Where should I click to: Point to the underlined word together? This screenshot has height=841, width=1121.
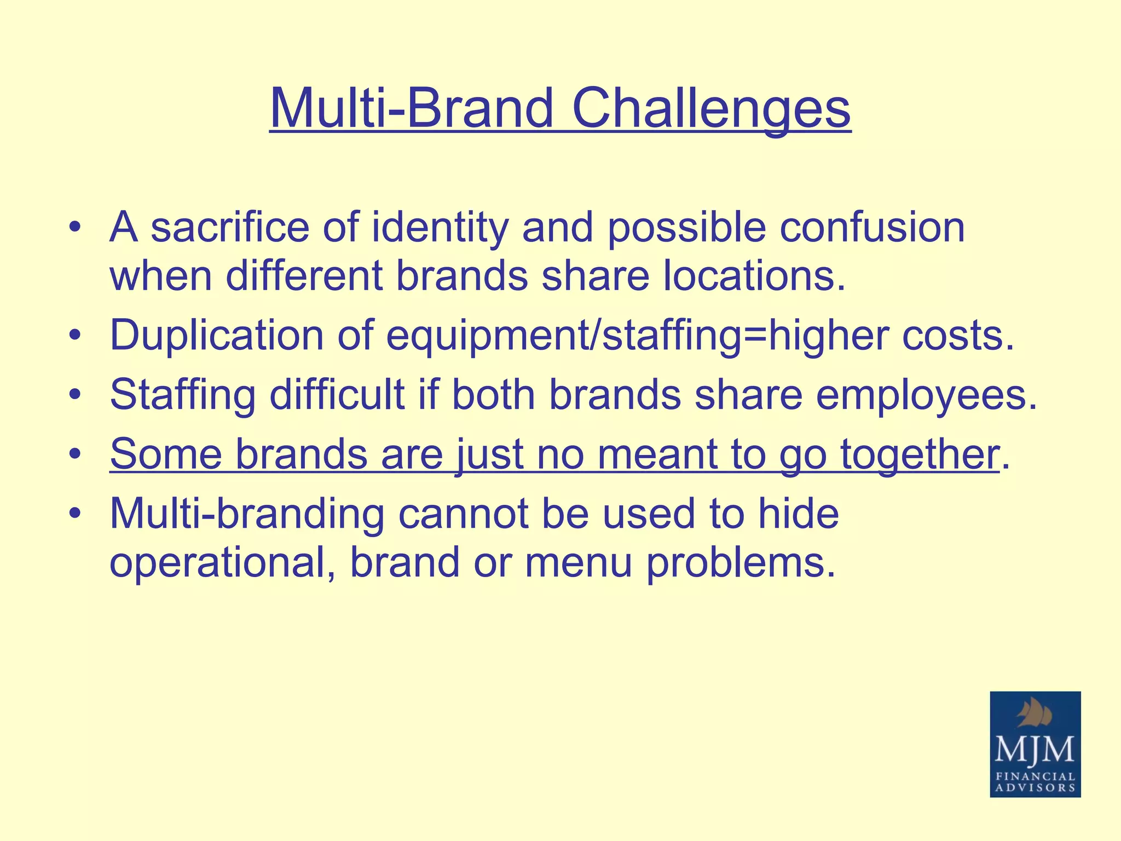pyautogui.click(x=919, y=454)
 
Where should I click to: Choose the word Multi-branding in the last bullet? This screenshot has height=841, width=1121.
pyautogui.click(x=246, y=515)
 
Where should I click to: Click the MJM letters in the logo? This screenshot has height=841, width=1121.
pyautogui.click(x=1035, y=750)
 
